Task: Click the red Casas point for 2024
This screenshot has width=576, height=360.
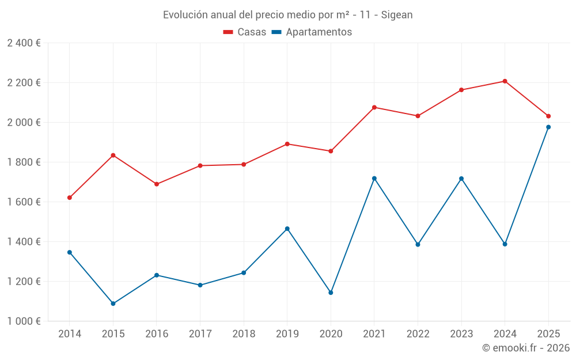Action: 505,81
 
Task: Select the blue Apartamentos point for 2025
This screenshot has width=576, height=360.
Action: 548,127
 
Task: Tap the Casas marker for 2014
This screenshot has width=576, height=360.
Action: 70,198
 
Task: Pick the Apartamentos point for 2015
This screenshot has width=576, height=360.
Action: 113,304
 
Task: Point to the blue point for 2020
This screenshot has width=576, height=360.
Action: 331,293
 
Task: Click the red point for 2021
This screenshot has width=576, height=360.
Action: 374,107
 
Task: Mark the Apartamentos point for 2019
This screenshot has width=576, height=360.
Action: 287,229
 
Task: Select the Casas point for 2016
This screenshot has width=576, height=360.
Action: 157,184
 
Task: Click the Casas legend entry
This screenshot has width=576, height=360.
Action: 245,32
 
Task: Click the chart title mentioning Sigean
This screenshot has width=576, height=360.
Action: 287,15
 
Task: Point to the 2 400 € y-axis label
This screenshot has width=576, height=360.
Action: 24,43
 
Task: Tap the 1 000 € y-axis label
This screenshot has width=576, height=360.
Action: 24,321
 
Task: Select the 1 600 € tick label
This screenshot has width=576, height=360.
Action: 24,202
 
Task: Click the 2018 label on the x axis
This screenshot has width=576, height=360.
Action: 244,334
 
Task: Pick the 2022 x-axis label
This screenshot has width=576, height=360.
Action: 418,334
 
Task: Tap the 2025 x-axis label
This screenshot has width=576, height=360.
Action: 548,334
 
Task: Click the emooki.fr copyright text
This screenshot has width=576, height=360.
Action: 525,348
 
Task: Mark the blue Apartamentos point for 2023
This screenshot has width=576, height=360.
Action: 461,179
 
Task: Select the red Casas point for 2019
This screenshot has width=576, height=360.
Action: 287,144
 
